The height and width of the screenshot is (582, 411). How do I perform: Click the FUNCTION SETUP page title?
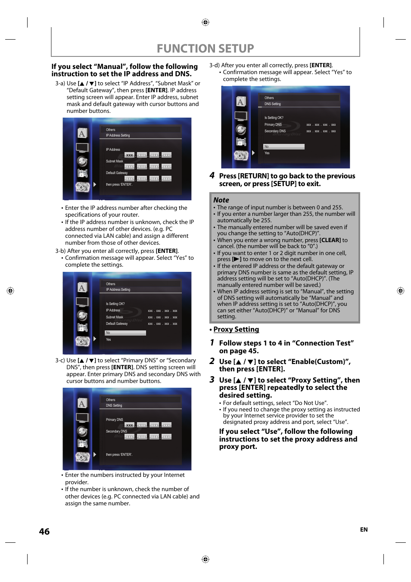tap(205, 48)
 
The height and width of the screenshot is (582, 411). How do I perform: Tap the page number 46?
tap(44, 532)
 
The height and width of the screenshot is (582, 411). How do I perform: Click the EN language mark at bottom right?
tap(364, 529)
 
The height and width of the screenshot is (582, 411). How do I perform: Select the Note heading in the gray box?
tap(221, 200)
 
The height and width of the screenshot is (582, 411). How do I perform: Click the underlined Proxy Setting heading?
tap(236, 329)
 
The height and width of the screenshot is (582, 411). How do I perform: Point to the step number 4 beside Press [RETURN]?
tap(212, 175)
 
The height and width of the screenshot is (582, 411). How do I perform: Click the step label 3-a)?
tap(60, 83)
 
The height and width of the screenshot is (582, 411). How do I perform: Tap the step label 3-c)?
tap(60, 360)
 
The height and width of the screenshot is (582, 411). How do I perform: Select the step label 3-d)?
tap(214, 65)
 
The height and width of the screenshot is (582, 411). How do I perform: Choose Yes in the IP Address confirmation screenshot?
tap(109, 339)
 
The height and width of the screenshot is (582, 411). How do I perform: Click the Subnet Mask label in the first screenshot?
tap(115, 161)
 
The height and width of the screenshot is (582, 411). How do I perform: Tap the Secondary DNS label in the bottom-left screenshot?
tap(116, 431)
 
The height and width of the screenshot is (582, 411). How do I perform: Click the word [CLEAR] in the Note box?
tap(330, 240)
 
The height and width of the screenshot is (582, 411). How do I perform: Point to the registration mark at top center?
tap(205, 22)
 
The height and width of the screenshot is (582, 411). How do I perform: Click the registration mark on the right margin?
tap(400, 291)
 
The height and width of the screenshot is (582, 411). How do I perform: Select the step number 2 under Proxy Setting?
tap(212, 361)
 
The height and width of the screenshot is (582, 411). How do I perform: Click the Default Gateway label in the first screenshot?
tap(117, 173)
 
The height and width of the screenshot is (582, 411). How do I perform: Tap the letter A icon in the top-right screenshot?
tap(241, 102)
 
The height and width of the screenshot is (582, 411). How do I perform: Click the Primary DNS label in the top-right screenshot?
tap(273, 124)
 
